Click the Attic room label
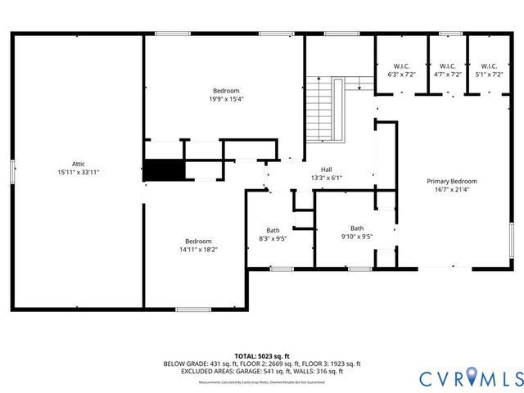(79, 164)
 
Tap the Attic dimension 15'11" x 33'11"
(79, 173)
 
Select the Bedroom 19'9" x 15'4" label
(226, 94)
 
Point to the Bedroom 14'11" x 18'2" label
(198, 245)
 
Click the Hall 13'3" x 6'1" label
(326, 174)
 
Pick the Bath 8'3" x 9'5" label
(272, 235)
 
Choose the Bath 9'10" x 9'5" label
(357, 233)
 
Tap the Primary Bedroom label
(451, 181)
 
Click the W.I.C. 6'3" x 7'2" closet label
(401, 70)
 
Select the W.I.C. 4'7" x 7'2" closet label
(447, 70)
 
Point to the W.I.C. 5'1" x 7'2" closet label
(489, 70)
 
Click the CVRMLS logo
(470, 377)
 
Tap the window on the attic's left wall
(12, 170)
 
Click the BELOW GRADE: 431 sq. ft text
(196, 364)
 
